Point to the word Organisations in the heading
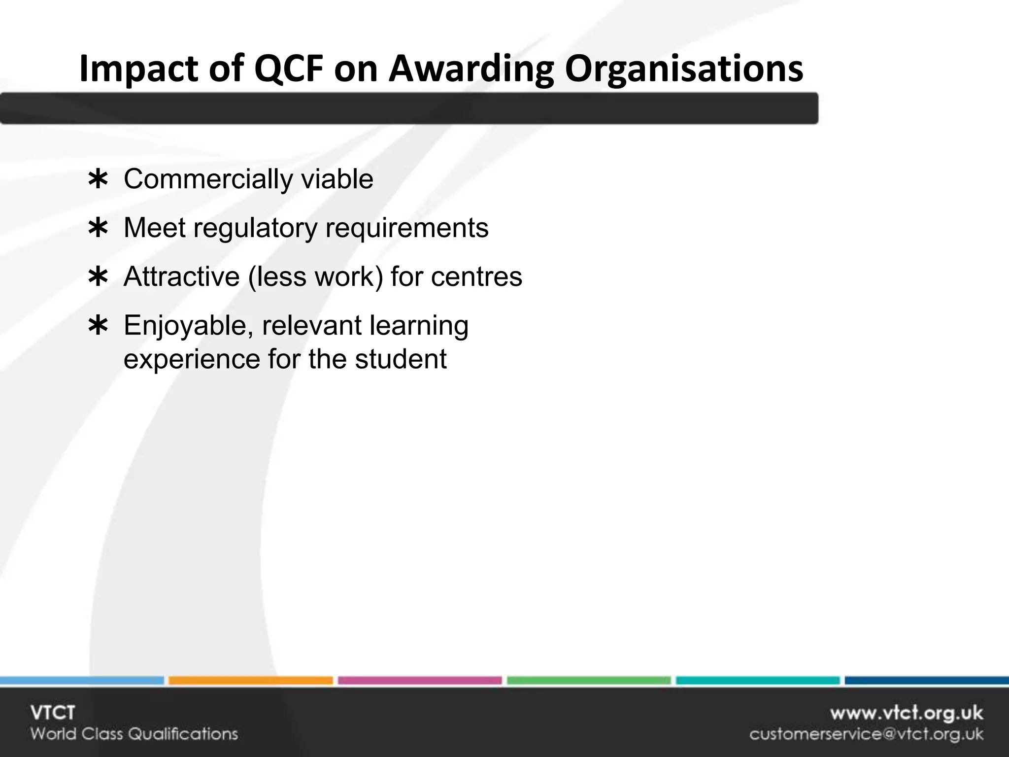(684, 69)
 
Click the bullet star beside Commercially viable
(98, 180)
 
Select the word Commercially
(208, 179)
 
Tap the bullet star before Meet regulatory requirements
(98, 229)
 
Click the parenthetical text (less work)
(315, 276)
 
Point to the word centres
(476, 276)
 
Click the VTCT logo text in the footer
(53, 713)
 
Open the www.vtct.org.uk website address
(906, 713)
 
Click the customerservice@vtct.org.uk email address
(866, 734)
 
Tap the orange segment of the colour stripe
(250, 681)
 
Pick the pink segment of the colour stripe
(419, 681)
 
